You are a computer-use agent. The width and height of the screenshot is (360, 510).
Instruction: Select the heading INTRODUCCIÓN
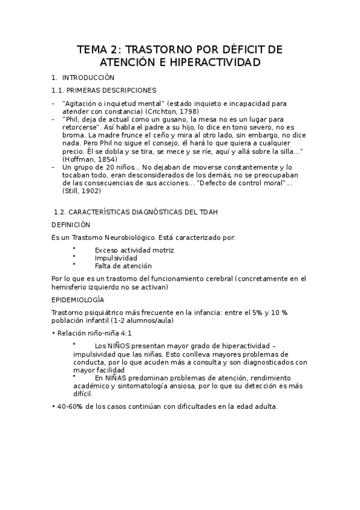pos(88,78)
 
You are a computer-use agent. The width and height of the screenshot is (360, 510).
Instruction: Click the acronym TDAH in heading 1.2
pos(197,212)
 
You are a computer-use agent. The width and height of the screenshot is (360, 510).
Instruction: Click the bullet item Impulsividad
pos(116,257)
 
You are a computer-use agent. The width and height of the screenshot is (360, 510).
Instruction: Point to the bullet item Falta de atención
pos(123,265)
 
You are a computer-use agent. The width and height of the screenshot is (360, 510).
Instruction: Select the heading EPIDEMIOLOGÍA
pos(78,299)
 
